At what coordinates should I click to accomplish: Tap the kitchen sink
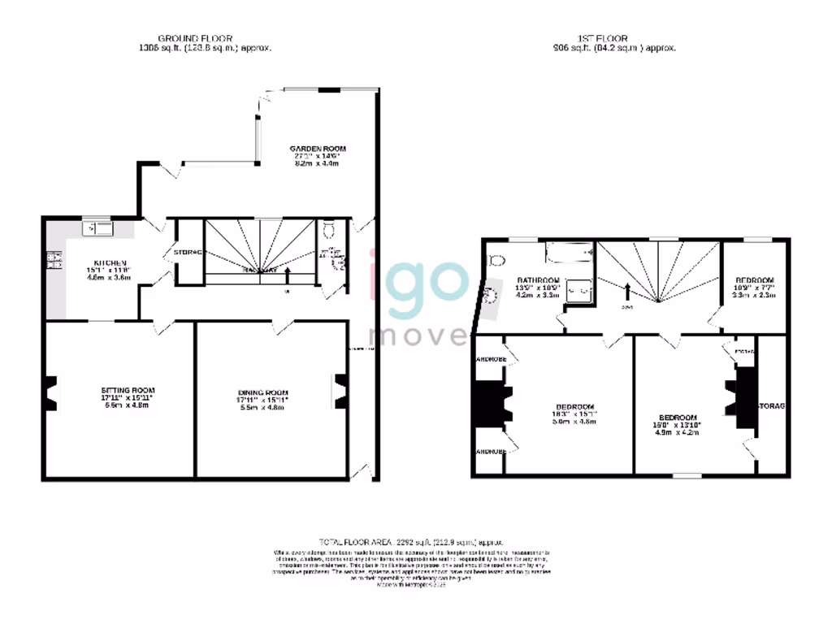(x=97, y=228)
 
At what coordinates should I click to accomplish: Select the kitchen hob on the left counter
(x=56, y=260)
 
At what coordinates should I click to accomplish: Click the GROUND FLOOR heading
(x=195, y=38)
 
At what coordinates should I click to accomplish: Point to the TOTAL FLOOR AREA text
(x=411, y=541)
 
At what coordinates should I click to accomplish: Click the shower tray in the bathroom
(x=579, y=289)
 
